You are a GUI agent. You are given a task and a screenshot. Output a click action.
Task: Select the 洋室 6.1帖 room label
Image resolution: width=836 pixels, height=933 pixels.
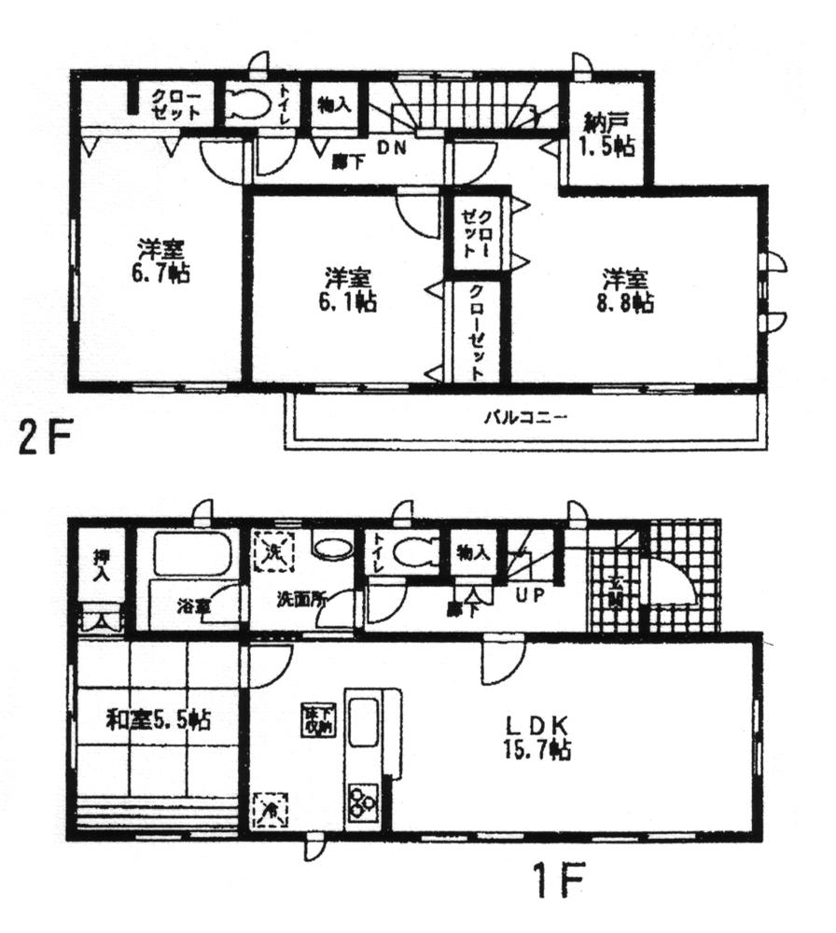(x=348, y=289)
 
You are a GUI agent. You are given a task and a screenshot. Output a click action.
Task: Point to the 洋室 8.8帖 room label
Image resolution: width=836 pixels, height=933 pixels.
(x=625, y=290)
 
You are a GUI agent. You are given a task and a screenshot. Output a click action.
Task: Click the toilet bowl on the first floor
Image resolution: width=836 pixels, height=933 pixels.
(x=412, y=552)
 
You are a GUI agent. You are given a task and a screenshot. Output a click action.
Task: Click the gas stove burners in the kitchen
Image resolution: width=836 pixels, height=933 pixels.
(x=364, y=801)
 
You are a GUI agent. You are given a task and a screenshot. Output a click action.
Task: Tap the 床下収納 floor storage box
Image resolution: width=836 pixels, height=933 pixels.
(x=312, y=720)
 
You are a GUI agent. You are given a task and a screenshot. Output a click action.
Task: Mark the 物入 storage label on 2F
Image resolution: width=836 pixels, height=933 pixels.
(x=333, y=105)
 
